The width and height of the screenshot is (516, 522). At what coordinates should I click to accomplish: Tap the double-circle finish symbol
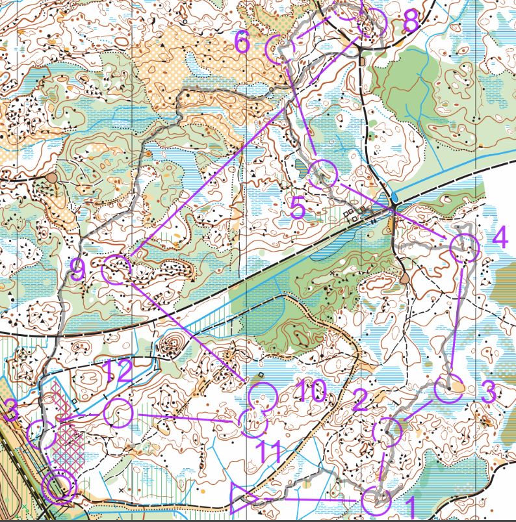coord(59,486)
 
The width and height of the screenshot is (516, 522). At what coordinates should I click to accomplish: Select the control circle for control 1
coord(377,501)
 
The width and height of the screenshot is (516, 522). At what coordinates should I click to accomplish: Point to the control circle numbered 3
coord(448,389)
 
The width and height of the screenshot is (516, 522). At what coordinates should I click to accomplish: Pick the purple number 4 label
coord(499,238)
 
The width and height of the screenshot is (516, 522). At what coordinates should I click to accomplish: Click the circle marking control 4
coord(465,248)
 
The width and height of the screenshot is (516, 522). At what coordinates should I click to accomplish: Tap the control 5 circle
coord(323,175)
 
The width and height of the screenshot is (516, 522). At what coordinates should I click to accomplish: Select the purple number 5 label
coord(298,209)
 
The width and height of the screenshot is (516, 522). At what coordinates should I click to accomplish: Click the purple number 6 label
coord(242,43)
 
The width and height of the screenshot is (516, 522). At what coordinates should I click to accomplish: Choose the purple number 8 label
coord(411,22)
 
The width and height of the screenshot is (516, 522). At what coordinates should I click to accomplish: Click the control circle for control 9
coord(118,269)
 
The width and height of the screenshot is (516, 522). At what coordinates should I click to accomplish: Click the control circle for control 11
coord(253,424)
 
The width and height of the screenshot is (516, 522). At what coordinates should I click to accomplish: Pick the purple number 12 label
coord(117,371)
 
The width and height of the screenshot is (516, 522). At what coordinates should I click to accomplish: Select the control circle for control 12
coord(119,413)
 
